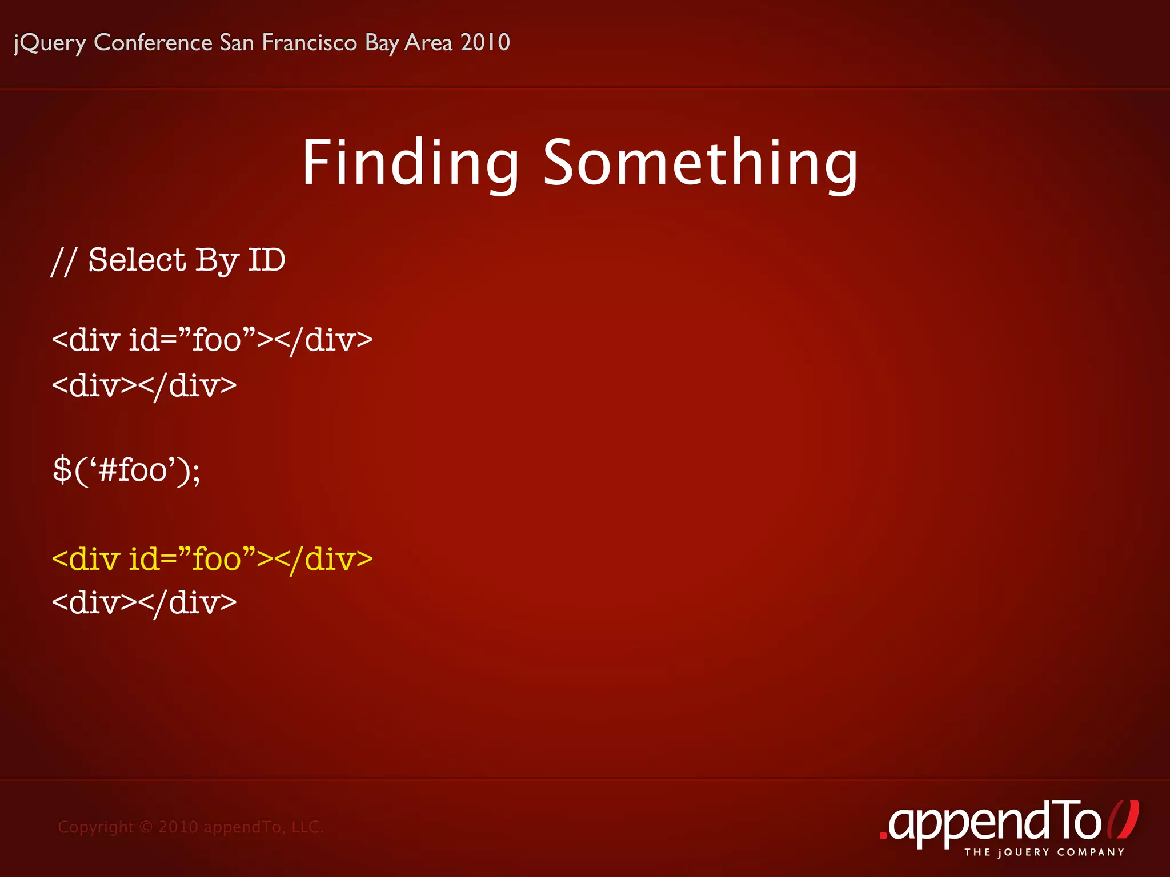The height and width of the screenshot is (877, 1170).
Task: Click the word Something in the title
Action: point(700,164)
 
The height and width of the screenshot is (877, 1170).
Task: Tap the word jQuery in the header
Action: point(50,43)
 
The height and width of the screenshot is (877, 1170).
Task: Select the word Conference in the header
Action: point(153,43)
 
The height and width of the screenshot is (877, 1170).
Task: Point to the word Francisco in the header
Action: point(309,43)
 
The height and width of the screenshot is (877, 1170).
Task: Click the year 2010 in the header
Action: point(485,43)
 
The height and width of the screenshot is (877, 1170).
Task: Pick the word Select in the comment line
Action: point(137,260)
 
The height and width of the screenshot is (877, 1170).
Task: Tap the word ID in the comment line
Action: point(266,260)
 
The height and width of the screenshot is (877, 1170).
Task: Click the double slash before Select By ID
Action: point(63,262)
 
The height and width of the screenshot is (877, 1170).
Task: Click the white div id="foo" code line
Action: point(212,340)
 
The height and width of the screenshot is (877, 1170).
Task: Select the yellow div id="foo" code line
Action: point(212,558)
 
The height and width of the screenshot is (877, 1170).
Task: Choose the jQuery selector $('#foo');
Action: point(126,471)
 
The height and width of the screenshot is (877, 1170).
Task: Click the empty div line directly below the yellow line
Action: point(144,603)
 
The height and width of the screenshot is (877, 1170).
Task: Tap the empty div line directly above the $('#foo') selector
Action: point(144,386)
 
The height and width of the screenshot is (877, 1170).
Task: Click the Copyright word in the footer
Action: point(95,827)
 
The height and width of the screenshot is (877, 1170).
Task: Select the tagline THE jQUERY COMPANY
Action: point(1044,852)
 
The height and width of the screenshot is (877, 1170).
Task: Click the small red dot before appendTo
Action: point(883,836)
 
